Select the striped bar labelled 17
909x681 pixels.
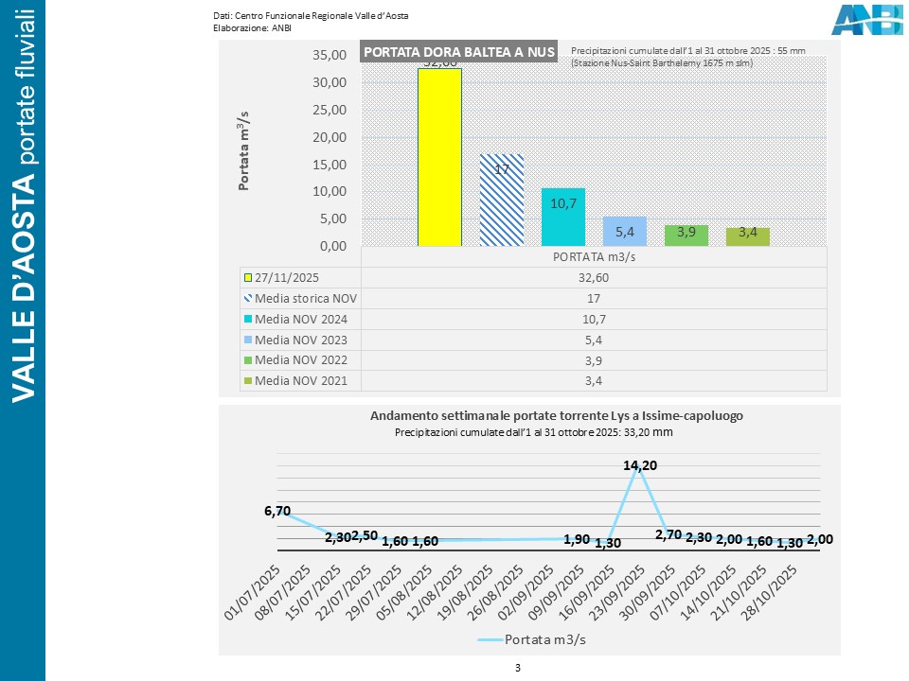(501, 200)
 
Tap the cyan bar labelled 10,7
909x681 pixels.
(562, 217)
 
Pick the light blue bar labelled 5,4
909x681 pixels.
(624, 231)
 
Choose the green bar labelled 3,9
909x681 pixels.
(686, 236)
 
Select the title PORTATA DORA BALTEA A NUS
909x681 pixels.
(459, 51)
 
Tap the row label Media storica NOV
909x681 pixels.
(305, 298)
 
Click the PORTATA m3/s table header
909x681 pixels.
(594, 255)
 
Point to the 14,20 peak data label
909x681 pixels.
(641, 464)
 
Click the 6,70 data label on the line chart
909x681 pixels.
(277, 511)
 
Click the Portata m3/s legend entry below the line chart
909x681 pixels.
(531, 639)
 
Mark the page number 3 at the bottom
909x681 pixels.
(518, 668)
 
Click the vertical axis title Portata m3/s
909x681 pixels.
(243, 150)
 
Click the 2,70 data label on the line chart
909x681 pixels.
(668, 534)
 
